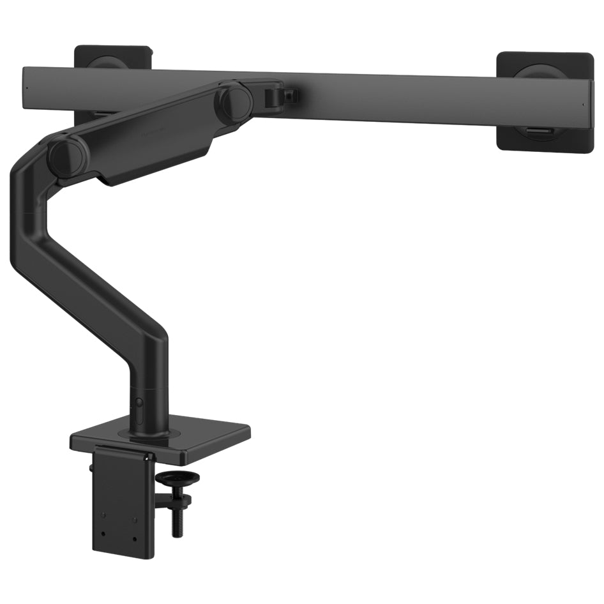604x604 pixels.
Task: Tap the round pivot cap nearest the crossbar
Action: [x=234, y=100]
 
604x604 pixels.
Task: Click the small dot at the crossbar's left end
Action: [x=27, y=89]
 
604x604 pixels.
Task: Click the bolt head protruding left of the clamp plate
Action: [x=91, y=468]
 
